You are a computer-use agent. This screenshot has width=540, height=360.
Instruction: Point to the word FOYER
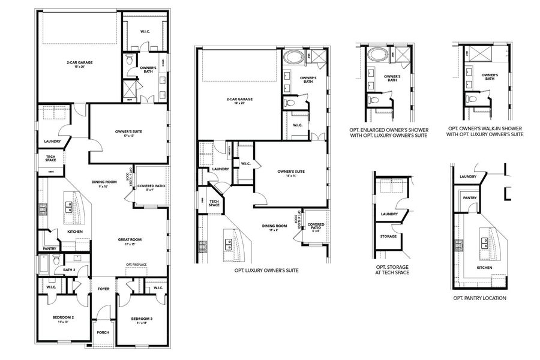(104, 289)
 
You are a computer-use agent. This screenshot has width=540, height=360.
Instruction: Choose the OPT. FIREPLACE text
(137, 265)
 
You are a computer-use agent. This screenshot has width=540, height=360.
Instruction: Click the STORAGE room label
(389, 236)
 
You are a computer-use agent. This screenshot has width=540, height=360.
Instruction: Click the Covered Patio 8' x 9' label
(151, 188)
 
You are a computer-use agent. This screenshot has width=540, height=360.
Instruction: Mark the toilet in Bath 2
(55, 260)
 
